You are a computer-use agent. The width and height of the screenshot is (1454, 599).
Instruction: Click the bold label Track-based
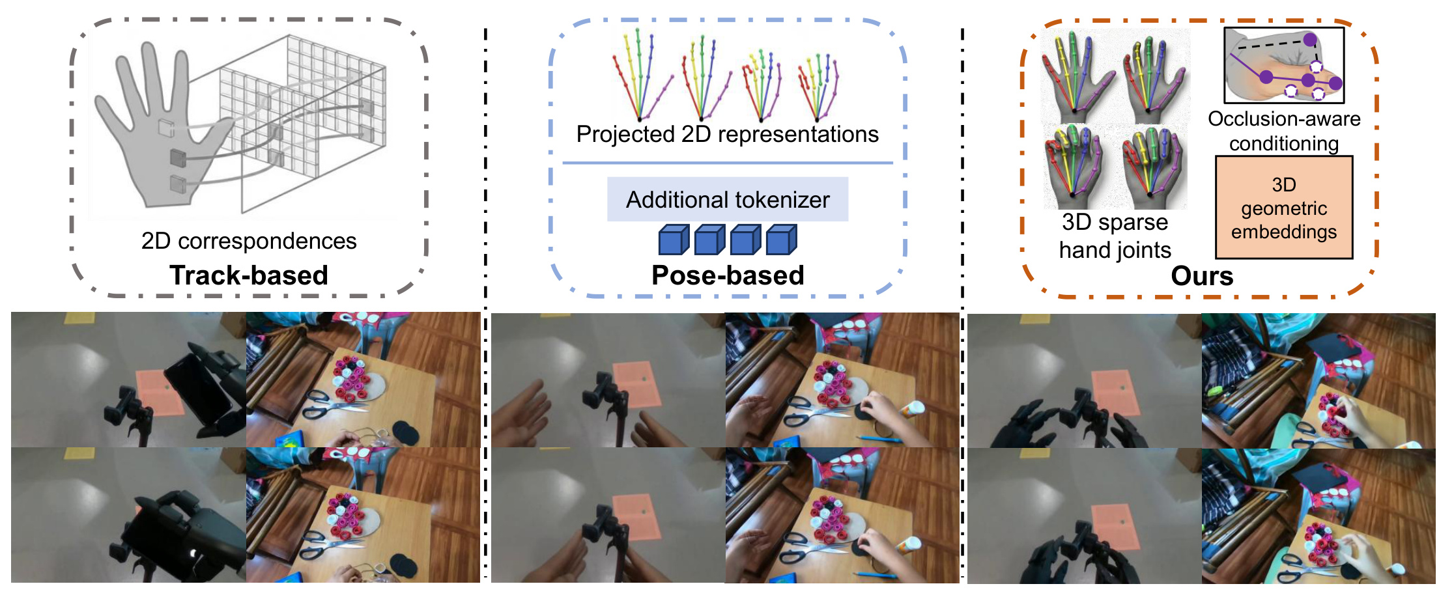(248, 275)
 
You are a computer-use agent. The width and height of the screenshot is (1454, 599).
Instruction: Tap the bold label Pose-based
(728, 275)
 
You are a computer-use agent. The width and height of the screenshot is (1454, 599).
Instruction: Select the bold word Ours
(1202, 276)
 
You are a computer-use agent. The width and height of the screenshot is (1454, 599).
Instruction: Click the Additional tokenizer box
(728, 199)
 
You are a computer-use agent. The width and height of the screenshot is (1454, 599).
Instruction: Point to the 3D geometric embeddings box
(1283, 208)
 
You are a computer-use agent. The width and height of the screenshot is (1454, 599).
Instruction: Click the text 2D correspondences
(249, 241)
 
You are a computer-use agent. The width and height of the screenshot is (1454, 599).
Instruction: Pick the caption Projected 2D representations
(727, 134)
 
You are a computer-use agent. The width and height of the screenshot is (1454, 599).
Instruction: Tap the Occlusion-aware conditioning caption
(1283, 131)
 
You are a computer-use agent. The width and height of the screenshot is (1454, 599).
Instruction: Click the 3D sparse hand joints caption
(1115, 236)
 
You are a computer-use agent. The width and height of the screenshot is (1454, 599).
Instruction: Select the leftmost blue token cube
(674, 240)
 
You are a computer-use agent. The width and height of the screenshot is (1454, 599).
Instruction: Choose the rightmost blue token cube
(781, 240)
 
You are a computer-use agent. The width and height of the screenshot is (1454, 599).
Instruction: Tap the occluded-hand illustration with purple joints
(1283, 65)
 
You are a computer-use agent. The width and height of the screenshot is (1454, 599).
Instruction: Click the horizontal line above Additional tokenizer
(727, 163)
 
